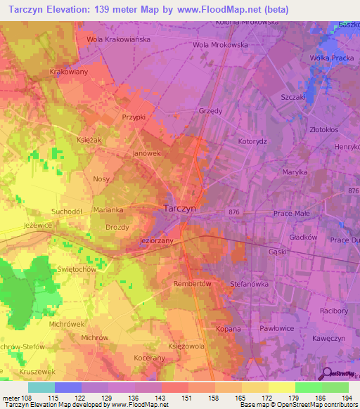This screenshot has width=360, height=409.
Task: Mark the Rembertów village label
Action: click(192, 283)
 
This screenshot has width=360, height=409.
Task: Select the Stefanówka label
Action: click(250, 284)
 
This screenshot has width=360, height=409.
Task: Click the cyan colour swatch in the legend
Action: click(41, 387)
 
